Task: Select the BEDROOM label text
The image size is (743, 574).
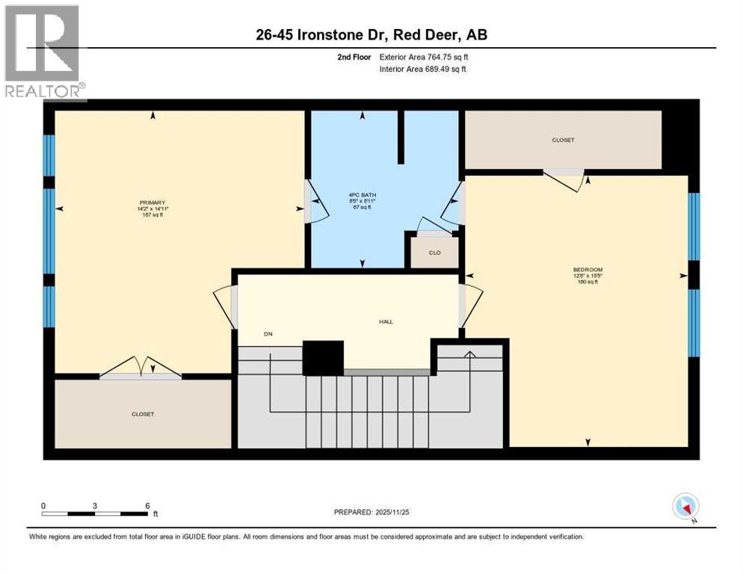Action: pyautogui.click(x=588, y=269)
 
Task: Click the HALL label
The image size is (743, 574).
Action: pyautogui.click(x=386, y=322)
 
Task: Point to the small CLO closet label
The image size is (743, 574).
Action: pyautogui.click(x=434, y=253)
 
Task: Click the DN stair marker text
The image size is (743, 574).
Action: pyautogui.click(x=267, y=334)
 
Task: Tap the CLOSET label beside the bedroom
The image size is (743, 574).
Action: pyautogui.click(x=563, y=140)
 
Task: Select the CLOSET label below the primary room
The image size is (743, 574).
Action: pyautogui.click(x=143, y=414)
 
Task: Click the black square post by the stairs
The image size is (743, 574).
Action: pyautogui.click(x=323, y=357)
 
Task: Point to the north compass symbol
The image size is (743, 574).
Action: pyautogui.click(x=685, y=507)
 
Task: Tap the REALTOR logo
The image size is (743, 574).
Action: pyautogui.click(x=44, y=52)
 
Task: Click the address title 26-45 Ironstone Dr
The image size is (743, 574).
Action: pyautogui.click(x=371, y=34)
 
